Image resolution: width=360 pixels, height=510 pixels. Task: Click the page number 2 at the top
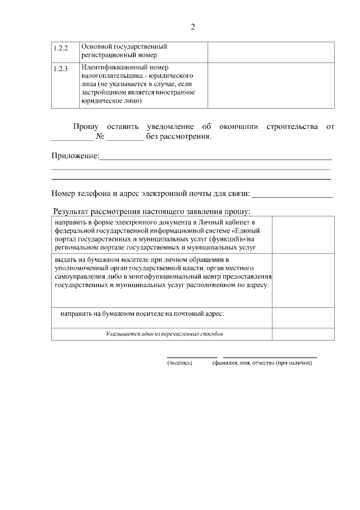[192, 26]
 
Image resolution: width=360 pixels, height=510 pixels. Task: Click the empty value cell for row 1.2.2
[271, 51]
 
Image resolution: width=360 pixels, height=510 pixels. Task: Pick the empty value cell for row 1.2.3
[271, 84]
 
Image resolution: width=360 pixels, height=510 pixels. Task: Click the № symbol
[100, 137]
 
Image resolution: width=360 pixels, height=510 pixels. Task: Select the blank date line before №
[72, 138]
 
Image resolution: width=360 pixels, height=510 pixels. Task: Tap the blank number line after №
[125, 138]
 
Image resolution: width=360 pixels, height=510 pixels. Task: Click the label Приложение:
[75, 156]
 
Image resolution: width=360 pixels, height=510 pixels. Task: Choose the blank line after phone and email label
[292, 196]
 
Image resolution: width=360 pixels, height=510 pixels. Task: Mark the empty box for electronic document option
[303, 234]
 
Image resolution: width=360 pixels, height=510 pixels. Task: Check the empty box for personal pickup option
[303, 280]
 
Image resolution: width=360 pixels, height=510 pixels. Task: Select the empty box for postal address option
[303, 317]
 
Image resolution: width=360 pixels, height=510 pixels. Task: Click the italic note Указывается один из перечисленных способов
[165, 334]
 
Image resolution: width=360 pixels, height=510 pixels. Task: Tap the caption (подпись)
[180, 363]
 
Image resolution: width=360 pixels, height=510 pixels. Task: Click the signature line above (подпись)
[192, 357]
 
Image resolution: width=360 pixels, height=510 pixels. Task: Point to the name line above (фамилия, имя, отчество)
[270, 357]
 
